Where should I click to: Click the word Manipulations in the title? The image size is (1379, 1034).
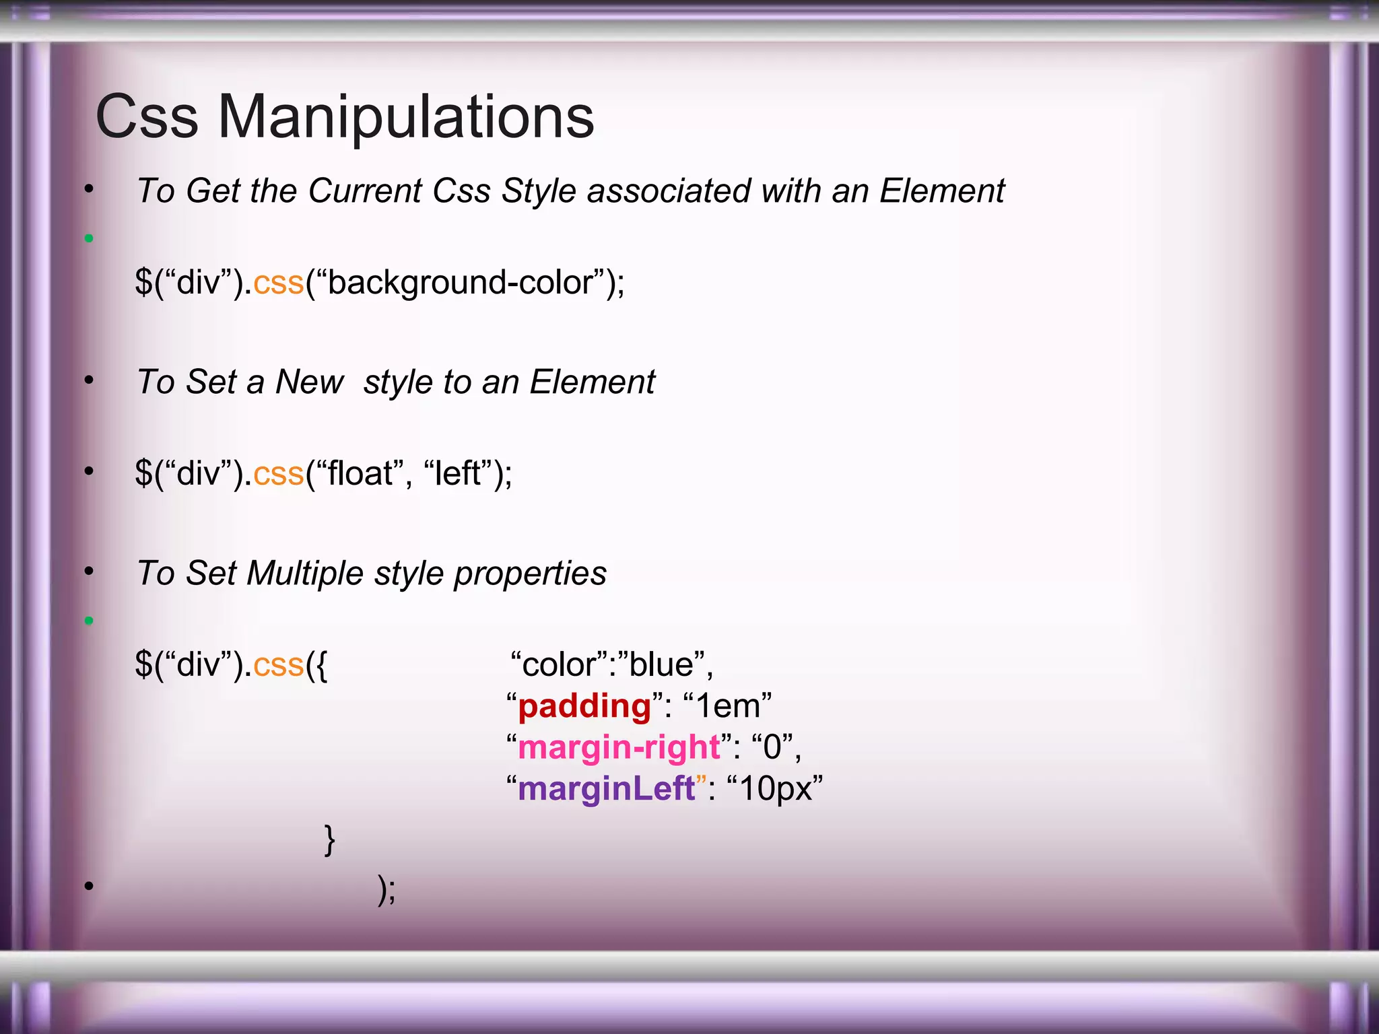(406, 116)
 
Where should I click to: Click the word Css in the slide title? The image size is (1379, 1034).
(147, 116)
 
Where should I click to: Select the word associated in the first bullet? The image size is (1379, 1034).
(669, 191)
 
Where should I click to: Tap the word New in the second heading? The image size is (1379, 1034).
(310, 382)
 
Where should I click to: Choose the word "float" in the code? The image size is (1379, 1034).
(360, 473)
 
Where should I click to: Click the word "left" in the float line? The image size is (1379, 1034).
(458, 473)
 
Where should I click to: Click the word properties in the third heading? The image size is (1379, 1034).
(529, 574)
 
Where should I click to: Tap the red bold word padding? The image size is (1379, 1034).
(584, 707)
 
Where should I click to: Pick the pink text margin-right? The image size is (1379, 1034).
(619, 748)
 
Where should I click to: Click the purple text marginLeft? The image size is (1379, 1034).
(606, 788)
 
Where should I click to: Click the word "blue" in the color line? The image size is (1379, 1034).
(661, 665)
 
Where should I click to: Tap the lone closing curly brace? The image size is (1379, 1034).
(329, 839)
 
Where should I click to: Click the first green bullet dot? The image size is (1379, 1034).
(89, 238)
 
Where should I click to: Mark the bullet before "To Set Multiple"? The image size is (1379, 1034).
(89, 572)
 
